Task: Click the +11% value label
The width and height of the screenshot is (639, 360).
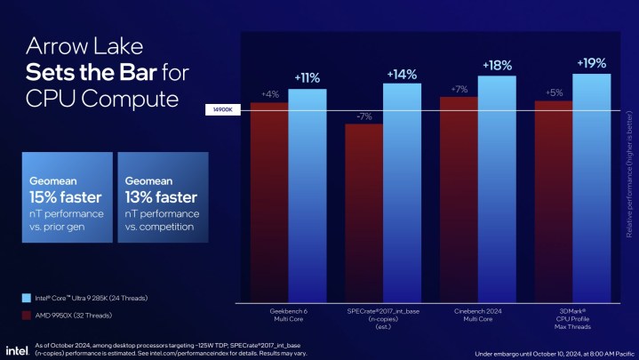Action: point(308,77)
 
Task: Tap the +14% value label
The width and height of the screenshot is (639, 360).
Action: point(402,73)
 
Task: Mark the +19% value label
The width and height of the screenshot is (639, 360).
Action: point(592,63)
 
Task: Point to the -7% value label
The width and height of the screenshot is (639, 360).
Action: point(363,116)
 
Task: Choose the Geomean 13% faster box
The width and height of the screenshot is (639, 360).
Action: point(163,196)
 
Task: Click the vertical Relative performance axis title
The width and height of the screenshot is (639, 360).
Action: point(629,173)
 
